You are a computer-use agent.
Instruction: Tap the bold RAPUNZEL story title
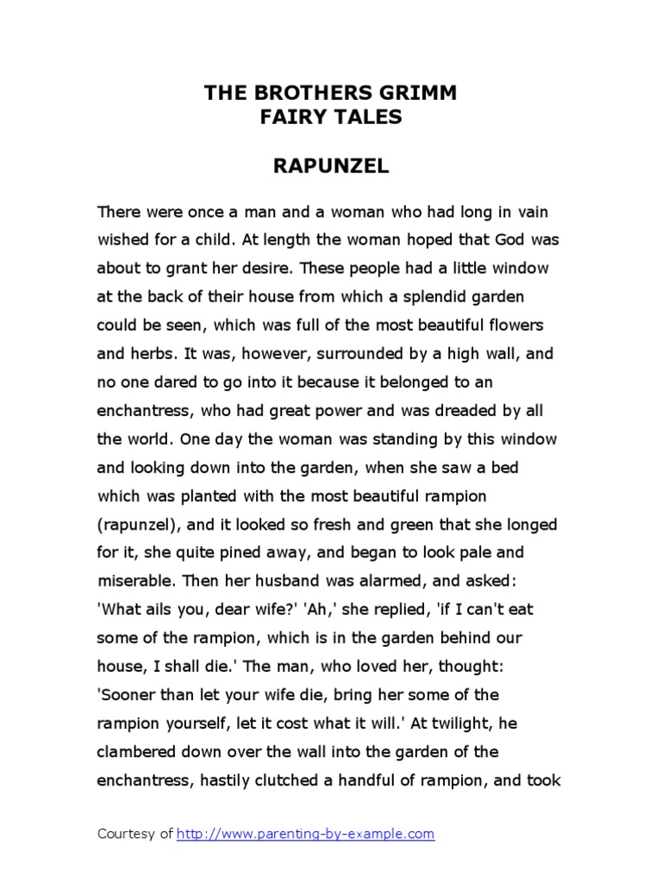point(331,167)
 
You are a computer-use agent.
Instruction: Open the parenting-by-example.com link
point(306,834)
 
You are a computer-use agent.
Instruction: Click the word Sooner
point(128,694)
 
